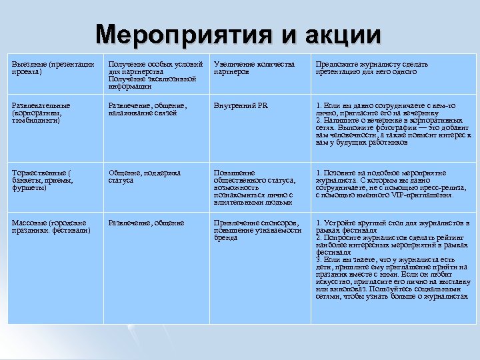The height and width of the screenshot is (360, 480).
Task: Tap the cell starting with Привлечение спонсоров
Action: [x=256, y=230]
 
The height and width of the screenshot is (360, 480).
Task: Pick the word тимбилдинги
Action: [x=37, y=121]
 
